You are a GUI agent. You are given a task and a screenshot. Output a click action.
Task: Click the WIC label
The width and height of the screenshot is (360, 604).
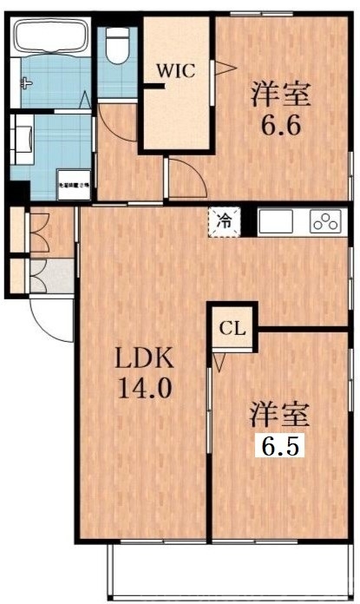[x=175, y=69]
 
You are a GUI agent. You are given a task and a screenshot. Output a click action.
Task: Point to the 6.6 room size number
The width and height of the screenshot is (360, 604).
[x=281, y=126]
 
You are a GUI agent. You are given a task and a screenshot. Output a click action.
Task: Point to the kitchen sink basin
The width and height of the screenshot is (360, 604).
[x=278, y=221]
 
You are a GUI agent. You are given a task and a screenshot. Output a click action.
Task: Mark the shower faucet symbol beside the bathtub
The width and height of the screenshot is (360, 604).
[x=26, y=84]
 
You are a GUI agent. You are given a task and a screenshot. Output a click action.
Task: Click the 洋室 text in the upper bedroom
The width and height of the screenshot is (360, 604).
[x=281, y=92]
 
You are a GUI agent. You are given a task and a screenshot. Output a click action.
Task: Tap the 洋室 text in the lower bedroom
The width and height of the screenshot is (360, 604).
[x=280, y=413]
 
